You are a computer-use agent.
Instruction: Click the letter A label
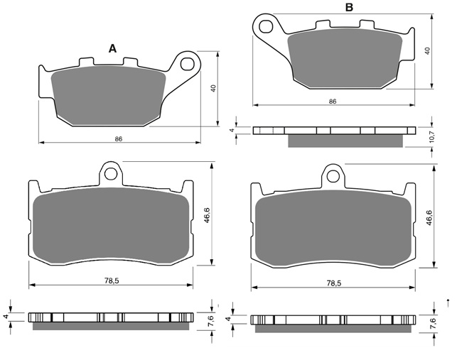[x=112, y=49]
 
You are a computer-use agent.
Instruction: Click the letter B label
[x=349, y=7]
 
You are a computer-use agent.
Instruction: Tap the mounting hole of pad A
[x=187, y=64]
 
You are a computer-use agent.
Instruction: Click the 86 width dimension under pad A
[x=119, y=139]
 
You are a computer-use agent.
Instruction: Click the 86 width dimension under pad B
[x=333, y=102]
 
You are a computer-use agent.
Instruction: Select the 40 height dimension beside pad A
[x=213, y=89]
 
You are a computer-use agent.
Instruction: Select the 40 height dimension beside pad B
[x=427, y=51]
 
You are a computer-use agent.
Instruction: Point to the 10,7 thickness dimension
[x=431, y=136]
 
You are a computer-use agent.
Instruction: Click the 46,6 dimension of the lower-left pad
[x=207, y=216]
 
